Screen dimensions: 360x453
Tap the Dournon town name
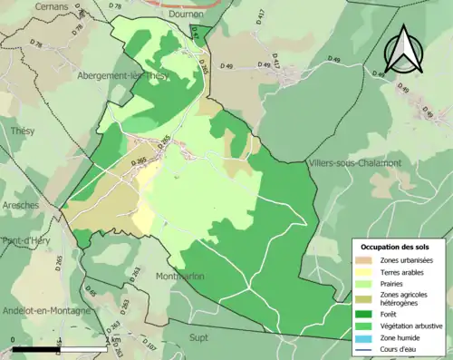[188, 15]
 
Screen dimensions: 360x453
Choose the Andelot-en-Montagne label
[45, 310]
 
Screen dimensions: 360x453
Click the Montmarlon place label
[179, 277]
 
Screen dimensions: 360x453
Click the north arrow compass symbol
[402, 50]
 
